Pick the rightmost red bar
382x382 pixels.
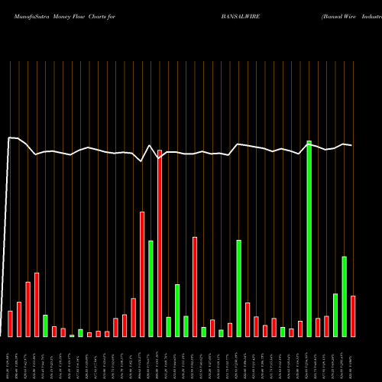click(x=353, y=316)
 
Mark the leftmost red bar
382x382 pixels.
click(x=10, y=323)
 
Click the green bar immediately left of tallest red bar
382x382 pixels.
click(x=151, y=288)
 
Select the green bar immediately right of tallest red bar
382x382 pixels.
click(x=168, y=326)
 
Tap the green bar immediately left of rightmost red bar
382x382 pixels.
click(x=344, y=296)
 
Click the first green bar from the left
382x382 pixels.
click(x=45, y=325)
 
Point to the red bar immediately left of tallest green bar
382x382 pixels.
click(x=300, y=329)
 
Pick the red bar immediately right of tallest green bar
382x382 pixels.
click(x=318, y=327)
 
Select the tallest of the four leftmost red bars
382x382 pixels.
click(x=37, y=304)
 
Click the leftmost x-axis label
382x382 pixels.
click(x=10, y=358)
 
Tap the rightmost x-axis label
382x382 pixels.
click(x=353, y=358)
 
